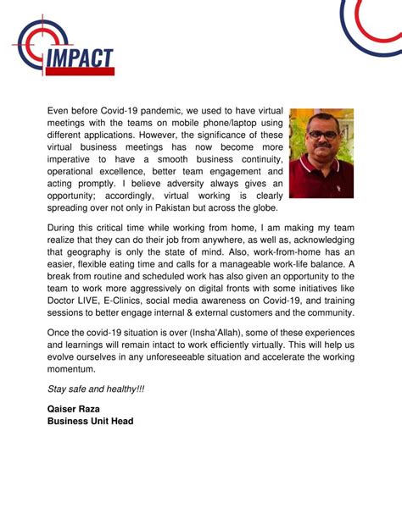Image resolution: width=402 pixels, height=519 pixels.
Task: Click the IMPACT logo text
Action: tap(82, 60)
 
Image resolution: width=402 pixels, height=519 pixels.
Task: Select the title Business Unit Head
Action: tap(91, 421)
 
